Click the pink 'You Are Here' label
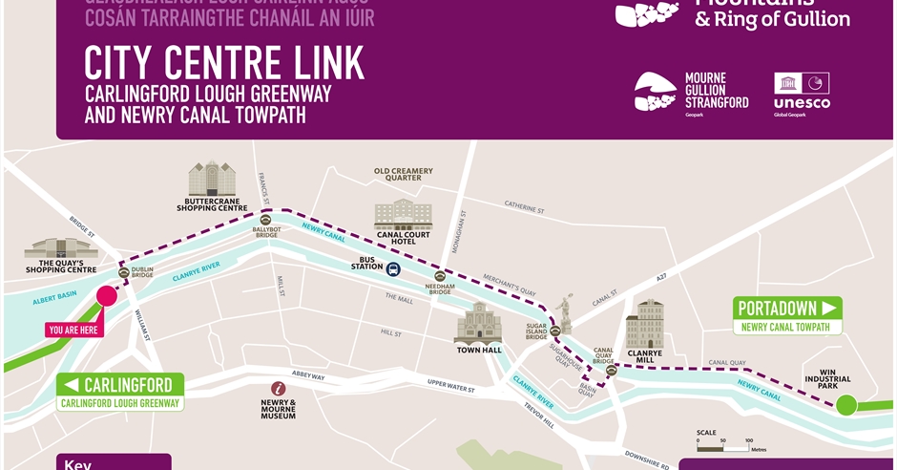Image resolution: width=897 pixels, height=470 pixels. [x=73, y=330]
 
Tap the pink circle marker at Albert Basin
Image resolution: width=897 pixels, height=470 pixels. [x=107, y=295]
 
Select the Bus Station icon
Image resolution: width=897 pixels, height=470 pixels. [x=393, y=268]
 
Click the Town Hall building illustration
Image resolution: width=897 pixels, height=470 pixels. [x=478, y=324]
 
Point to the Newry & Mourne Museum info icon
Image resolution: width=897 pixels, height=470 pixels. [x=278, y=389]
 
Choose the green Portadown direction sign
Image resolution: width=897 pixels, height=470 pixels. [x=787, y=308]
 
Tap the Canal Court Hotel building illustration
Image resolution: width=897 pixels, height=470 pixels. [x=403, y=214]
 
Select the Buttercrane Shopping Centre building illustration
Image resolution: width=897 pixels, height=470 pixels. [x=212, y=179]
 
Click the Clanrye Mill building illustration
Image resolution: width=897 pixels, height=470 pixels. [x=644, y=324]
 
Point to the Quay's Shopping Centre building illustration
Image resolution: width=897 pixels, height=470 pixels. [x=61, y=249]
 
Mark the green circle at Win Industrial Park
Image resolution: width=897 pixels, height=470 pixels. [x=846, y=405]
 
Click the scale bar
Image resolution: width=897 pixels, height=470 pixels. [x=722, y=442]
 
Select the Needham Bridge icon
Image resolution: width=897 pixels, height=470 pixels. [x=440, y=276]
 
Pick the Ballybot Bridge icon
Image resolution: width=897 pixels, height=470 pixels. [x=265, y=220]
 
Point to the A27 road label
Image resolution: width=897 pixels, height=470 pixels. [x=660, y=277]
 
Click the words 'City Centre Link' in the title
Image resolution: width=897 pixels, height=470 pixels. [x=224, y=63]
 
